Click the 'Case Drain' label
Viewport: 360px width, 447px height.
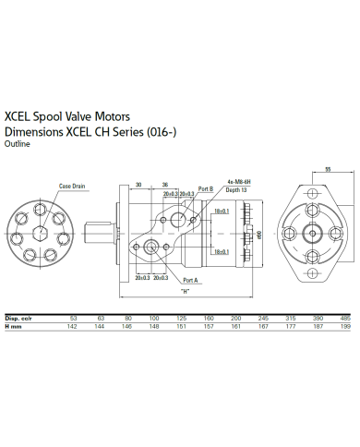click(x=72, y=186)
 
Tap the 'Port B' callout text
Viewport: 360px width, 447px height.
click(x=207, y=187)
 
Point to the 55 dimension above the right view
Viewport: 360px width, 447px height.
click(x=329, y=169)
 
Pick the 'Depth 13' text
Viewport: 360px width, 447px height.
click(x=237, y=189)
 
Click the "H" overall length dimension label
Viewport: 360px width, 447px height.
click(x=185, y=291)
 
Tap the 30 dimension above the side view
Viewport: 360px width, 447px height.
click(x=137, y=183)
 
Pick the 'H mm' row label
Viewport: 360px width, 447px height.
click(x=13, y=326)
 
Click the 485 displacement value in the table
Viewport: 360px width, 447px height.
click(x=346, y=317)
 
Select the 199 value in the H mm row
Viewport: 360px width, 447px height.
click(x=346, y=326)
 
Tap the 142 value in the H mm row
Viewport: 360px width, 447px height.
click(x=72, y=326)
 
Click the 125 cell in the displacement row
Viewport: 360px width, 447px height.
click(x=181, y=317)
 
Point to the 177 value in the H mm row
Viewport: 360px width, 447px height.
click(x=292, y=326)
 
